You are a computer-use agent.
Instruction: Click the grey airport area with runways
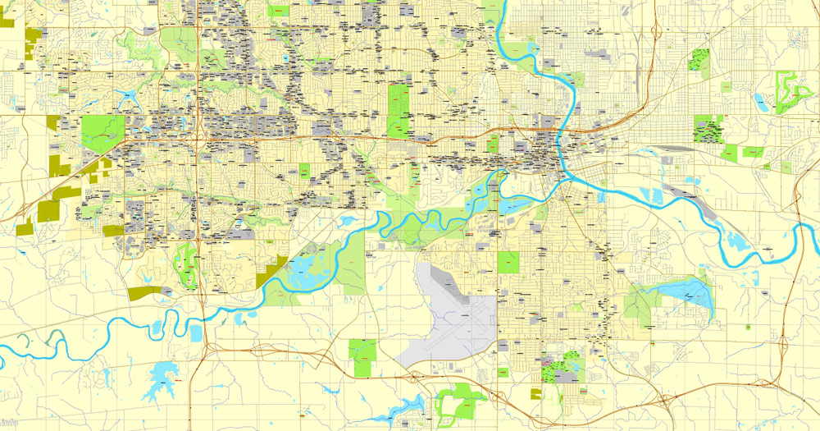(x=451, y=316)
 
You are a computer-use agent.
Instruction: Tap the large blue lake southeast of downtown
(x=681, y=291)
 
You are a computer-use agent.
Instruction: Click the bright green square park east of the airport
(x=508, y=262)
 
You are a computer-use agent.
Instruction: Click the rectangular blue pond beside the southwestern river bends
(x=195, y=332)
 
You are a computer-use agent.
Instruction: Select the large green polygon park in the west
(x=102, y=131)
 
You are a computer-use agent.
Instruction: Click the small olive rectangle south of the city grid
(x=535, y=394)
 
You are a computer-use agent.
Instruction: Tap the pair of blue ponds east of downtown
(x=652, y=195)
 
